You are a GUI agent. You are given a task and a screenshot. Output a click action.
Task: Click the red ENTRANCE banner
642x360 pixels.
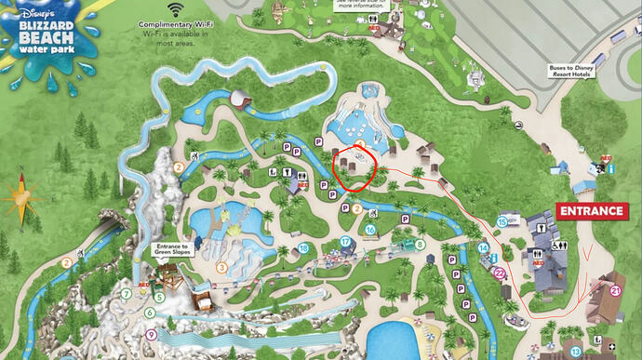(590, 211)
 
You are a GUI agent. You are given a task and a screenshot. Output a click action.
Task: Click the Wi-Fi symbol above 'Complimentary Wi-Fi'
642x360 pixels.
(176, 8)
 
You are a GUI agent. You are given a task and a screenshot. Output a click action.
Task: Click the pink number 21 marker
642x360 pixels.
(615, 291)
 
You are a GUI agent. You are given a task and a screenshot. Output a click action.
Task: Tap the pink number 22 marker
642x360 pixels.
(499, 273)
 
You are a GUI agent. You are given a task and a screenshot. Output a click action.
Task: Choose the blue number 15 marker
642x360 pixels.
(502, 221)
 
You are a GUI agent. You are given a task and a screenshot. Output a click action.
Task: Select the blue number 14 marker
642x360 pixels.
(484, 247)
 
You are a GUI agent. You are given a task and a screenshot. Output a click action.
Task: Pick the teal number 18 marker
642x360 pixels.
(303, 248)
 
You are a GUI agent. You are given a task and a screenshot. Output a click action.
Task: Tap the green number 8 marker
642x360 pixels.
(421, 245)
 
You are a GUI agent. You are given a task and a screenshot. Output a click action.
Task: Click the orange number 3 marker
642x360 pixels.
(221, 267)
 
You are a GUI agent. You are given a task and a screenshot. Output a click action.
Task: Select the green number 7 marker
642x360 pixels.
(126, 294)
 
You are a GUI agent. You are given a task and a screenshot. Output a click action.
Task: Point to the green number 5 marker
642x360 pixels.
(159, 298)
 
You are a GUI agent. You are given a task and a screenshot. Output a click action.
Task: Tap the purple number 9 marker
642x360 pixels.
(151, 334)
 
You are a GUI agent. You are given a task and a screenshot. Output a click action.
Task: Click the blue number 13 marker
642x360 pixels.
(576, 351)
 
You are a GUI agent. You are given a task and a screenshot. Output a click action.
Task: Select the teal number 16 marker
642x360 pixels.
(369, 230)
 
